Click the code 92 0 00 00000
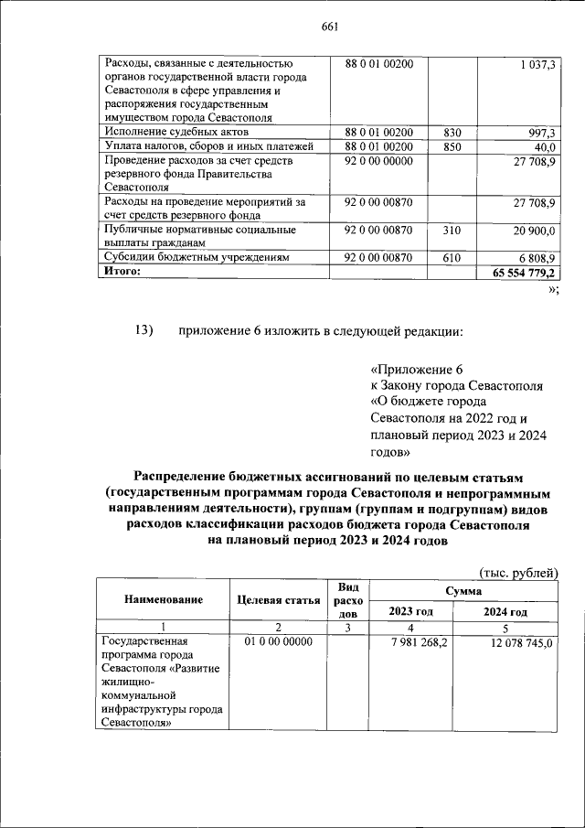click(x=378, y=161)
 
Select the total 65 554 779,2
click(x=526, y=273)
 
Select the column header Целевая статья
click(x=278, y=600)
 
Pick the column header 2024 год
click(x=505, y=612)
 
